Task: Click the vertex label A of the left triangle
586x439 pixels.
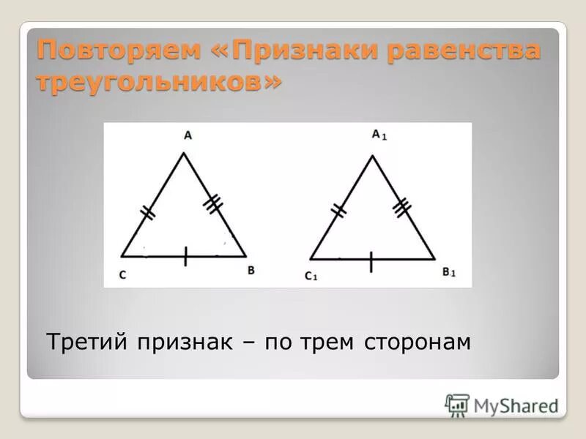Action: click(188, 135)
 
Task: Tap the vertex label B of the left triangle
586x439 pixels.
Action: click(251, 270)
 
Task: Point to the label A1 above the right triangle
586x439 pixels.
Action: click(378, 135)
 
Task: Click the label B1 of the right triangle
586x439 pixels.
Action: click(448, 273)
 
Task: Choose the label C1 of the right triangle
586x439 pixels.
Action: click(311, 276)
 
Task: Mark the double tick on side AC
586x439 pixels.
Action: click(148, 213)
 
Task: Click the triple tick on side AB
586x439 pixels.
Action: click(212, 204)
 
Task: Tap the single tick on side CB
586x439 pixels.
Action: click(185, 256)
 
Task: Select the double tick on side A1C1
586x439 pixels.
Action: click(338, 211)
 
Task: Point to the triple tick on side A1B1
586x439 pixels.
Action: click(401, 208)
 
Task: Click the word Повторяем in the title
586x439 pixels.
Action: click(117, 51)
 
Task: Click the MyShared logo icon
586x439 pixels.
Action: click(457, 405)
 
